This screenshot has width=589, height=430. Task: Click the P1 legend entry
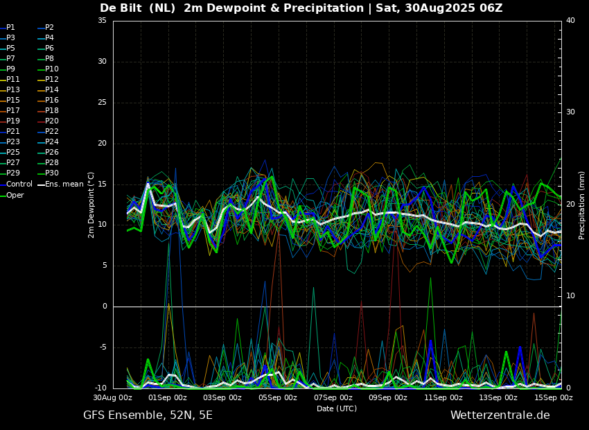(8, 28)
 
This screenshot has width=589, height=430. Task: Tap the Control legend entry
(17, 184)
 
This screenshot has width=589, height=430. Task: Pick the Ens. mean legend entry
(61, 184)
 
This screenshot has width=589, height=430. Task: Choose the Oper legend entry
(12, 195)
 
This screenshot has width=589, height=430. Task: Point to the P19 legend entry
(10, 121)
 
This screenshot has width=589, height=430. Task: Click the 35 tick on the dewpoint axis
(102, 21)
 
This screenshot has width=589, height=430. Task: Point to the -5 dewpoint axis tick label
(102, 347)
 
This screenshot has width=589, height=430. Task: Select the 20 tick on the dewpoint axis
(102, 143)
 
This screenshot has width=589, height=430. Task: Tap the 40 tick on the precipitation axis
(570, 21)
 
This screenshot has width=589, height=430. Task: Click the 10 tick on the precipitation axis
(570, 296)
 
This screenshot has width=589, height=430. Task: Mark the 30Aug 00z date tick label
(113, 397)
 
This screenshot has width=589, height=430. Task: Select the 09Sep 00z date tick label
(388, 397)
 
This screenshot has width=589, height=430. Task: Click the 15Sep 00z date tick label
(554, 397)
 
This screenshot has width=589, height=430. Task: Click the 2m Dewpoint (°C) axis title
(91, 205)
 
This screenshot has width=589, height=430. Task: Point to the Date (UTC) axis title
(337, 409)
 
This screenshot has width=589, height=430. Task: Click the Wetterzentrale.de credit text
(500, 415)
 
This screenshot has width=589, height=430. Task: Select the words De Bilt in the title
(121, 8)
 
